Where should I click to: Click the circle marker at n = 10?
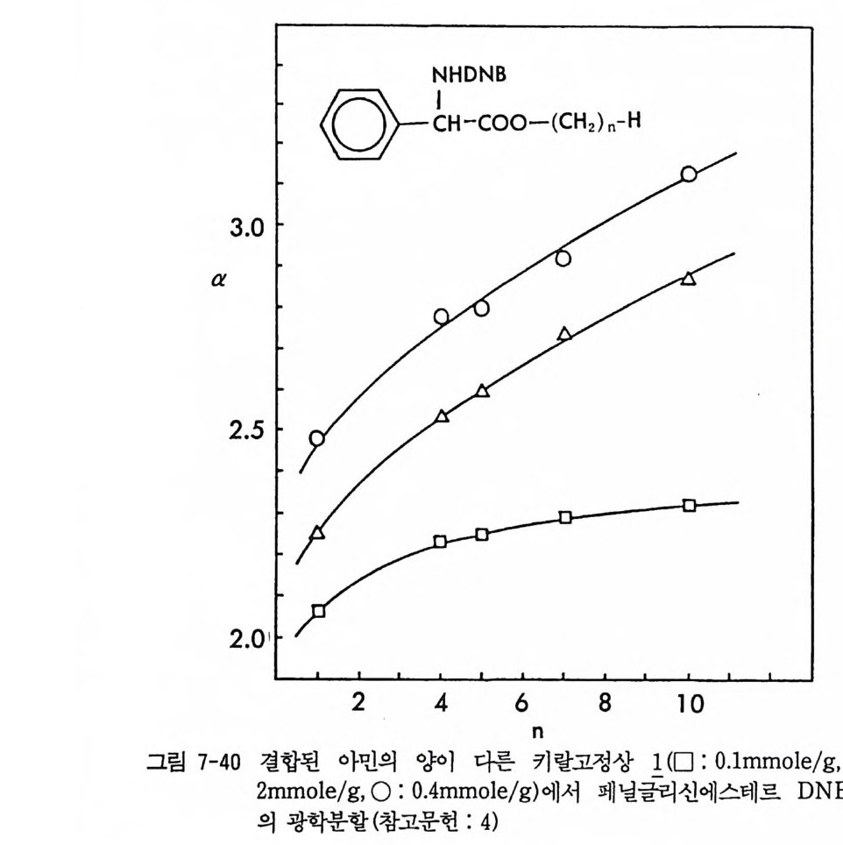click(689, 174)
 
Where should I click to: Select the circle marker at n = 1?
click(317, 438)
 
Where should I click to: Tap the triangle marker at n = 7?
click(564, 334)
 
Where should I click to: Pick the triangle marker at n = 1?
click(317, 533)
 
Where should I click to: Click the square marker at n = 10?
click(689, 505)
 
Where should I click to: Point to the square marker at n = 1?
click(318, 611)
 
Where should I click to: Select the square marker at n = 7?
click(565, 517)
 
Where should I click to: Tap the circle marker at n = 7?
click(563, 258)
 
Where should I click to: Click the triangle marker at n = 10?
click(689, 279)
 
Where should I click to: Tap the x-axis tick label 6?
click(523, 703)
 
